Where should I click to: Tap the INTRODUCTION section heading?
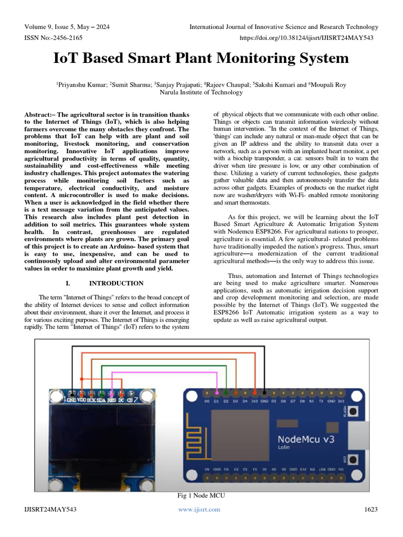tap(116, 283)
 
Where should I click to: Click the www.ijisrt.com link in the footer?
tap(199, 509)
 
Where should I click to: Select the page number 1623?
tap(371, 509)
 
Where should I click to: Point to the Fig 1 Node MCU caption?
tap(201, 496)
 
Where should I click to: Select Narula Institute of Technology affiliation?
tap(201, 92)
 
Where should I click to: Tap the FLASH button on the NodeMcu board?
tap(354, 413)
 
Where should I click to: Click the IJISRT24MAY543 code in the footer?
tap(50, 509)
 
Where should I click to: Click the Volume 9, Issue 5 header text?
tap(67, 27)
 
